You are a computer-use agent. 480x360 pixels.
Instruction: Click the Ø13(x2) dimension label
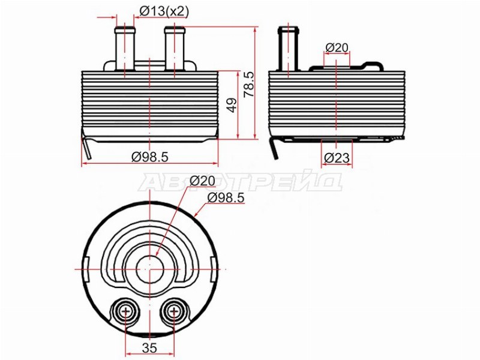[x=164, y=11]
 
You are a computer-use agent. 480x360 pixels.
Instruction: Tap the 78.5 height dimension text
[x=249, y=85]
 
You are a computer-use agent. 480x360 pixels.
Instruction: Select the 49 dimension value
[x=233, y=105]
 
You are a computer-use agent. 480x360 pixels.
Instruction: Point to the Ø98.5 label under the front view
[x=150, y=157]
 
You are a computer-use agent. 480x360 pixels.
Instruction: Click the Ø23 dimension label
[x=337, y=158]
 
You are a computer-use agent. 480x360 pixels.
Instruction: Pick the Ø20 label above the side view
[x=337, y=48]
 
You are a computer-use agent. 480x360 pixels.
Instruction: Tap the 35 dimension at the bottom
[x=149, y=348]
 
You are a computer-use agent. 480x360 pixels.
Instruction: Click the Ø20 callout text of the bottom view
[x=202, y=181]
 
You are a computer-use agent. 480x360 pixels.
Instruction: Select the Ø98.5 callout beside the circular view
[x=226, y=198]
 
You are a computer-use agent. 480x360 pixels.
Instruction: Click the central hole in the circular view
[x=149, y=269]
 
